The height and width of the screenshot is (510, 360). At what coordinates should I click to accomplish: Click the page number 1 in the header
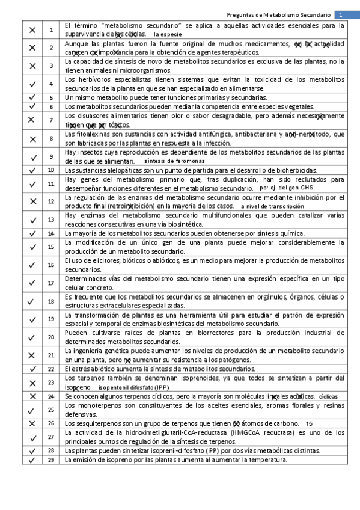point(340,14)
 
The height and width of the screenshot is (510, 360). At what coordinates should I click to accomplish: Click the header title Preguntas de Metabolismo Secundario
point(281,14)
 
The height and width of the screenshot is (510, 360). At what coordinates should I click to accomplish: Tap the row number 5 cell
point(51,97)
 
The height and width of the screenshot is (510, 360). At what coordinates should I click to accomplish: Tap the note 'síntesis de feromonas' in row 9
point(174,161)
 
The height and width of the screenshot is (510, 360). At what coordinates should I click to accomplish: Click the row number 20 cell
point(51,337)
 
